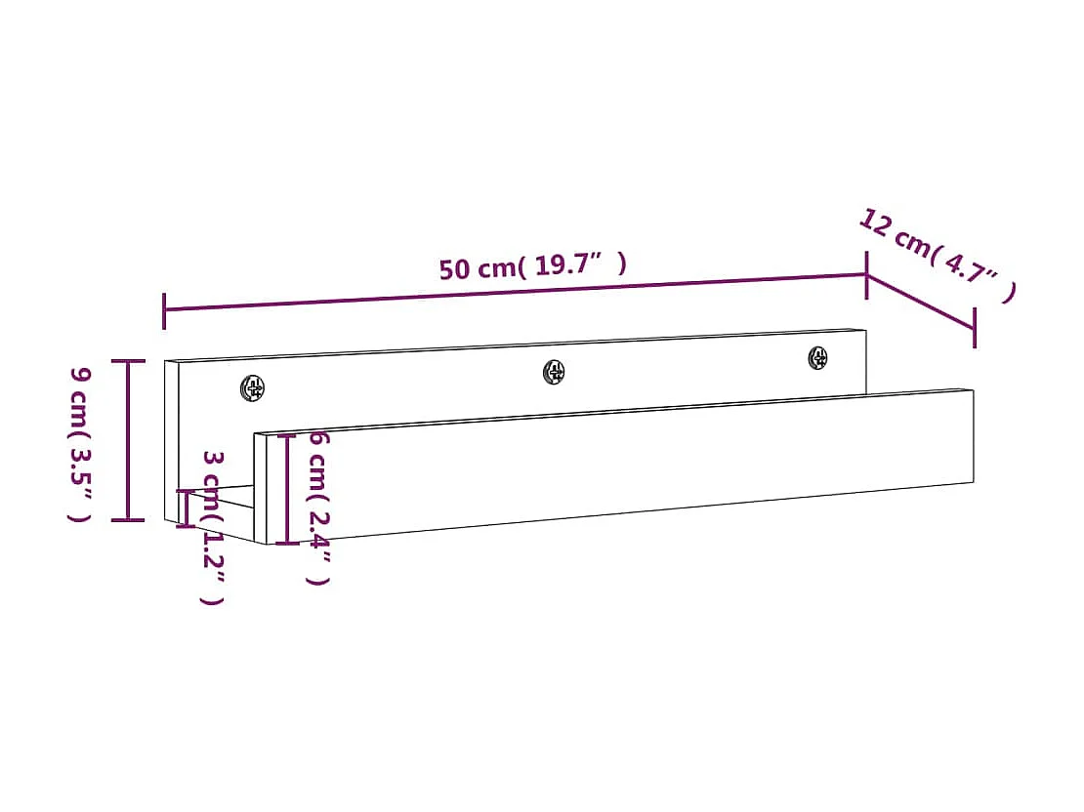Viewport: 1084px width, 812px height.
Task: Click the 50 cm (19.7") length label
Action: point(533,266)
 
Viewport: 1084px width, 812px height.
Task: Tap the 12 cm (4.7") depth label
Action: point(938,255)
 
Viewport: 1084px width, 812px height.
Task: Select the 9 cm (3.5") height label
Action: point(80,444)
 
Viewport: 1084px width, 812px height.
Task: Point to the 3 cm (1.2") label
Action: point(213,527)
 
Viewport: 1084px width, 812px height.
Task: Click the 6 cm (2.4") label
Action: point(318,507)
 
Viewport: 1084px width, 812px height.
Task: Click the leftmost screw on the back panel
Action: point(252,387)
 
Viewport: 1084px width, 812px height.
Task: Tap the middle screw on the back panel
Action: point(554,372)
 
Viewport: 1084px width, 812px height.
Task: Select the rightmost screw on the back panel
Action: point(817,358)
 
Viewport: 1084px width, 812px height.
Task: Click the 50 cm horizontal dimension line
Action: point(515,293)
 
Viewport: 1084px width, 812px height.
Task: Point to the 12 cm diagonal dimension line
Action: point(921,302)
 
